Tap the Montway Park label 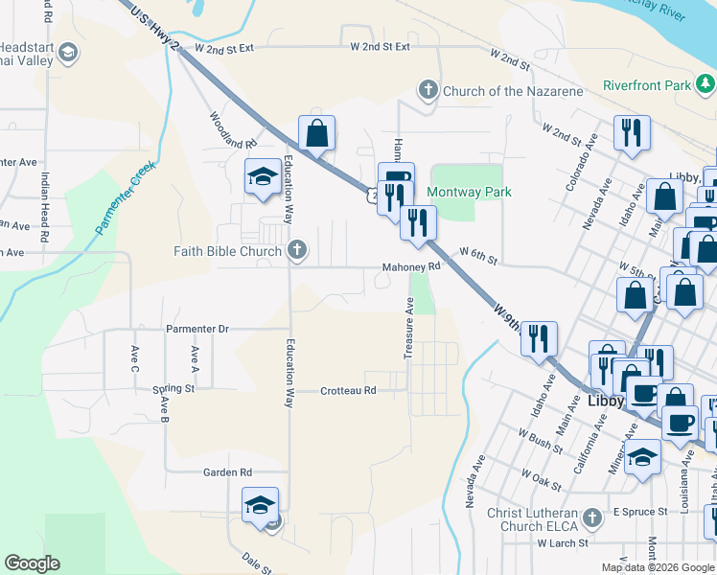pyautogui.click(x=469, y=192)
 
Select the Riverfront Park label pyautogui.click(x=646, y=85)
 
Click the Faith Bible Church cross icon pyautogui.click(x=298, y=252)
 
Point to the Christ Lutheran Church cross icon pyautogui.click(x=592, y=518)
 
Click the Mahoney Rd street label pyautogui.click(x=411, y=267)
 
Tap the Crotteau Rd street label pyautogui.click(x=348, y=391)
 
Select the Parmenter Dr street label pyautogui.click(x=197, y=329)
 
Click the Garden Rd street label pyautogui.click(x=226, y=472)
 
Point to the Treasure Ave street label pyautogui.click(x=408, y=328)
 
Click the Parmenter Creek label pyautogui.click(x=126, y=200)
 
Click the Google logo pyautogui.click(x=32, y=563)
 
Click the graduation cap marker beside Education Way pyautogui.click(x=262, y=177)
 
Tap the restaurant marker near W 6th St pyautogui.click(x=418, y=223)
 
